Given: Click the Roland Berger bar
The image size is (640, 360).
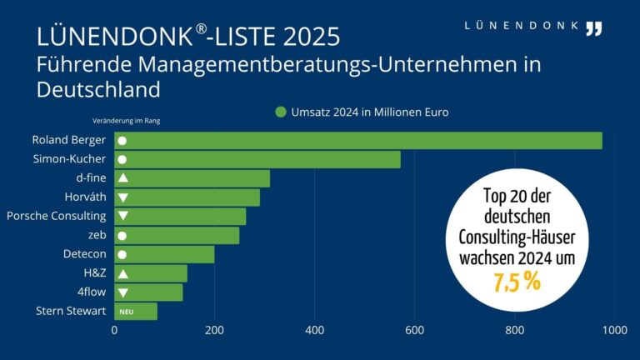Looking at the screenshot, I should click(x=358, y=140).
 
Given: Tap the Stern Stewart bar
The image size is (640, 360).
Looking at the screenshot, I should click(x=136, y=312).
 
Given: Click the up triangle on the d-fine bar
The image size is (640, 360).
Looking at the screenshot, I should click(x=122, y=178).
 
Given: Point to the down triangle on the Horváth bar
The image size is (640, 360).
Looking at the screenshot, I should click(x=122, y=197).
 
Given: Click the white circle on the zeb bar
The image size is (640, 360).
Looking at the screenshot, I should click(x=122, y=236).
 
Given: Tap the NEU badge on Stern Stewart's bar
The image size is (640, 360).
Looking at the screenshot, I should click(x=127, y=312).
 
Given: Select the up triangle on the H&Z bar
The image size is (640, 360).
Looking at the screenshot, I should click(x=122, y=273).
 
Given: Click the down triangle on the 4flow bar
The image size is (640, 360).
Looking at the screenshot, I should click(x=122, y=292).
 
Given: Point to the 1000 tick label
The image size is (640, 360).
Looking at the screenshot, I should click(x=614, y=330).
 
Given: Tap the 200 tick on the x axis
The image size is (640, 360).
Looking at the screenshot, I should click(x=214, y=330).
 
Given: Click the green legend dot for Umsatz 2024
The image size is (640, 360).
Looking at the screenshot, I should click(x=281, y=112).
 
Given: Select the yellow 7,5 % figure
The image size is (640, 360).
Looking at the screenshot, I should click(x=517, y=282).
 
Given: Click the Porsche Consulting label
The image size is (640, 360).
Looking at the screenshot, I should click(x=56, y=217).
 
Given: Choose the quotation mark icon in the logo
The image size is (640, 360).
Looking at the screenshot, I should click(x=592, y=28).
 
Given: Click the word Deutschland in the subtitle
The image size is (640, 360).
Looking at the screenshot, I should click(x=98, y=89).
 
